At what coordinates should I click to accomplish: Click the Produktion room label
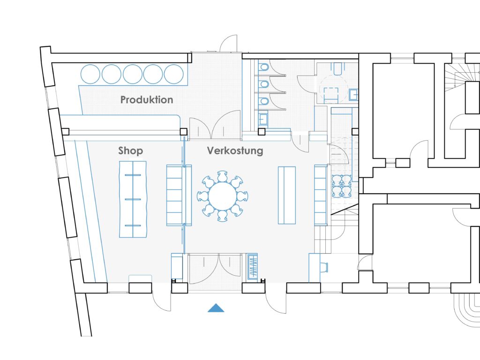click(x=147, y=100)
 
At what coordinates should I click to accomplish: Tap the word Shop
click(x=130, y=151)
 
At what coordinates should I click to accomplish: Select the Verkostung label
click(x=235, y=151)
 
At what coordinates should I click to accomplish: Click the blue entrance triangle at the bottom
click(x=216, y=308)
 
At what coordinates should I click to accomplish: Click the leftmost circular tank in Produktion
click(x=90, y=74)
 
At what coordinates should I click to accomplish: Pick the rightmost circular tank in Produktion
click(x=173, y=74)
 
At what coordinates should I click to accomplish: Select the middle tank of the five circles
click(x=132, y=74)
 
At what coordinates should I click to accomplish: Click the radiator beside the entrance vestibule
click(x=253, y=267)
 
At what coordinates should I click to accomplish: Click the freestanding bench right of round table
click(x=286, y=195)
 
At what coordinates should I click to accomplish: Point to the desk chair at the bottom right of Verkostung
click(x=325, y=267)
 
